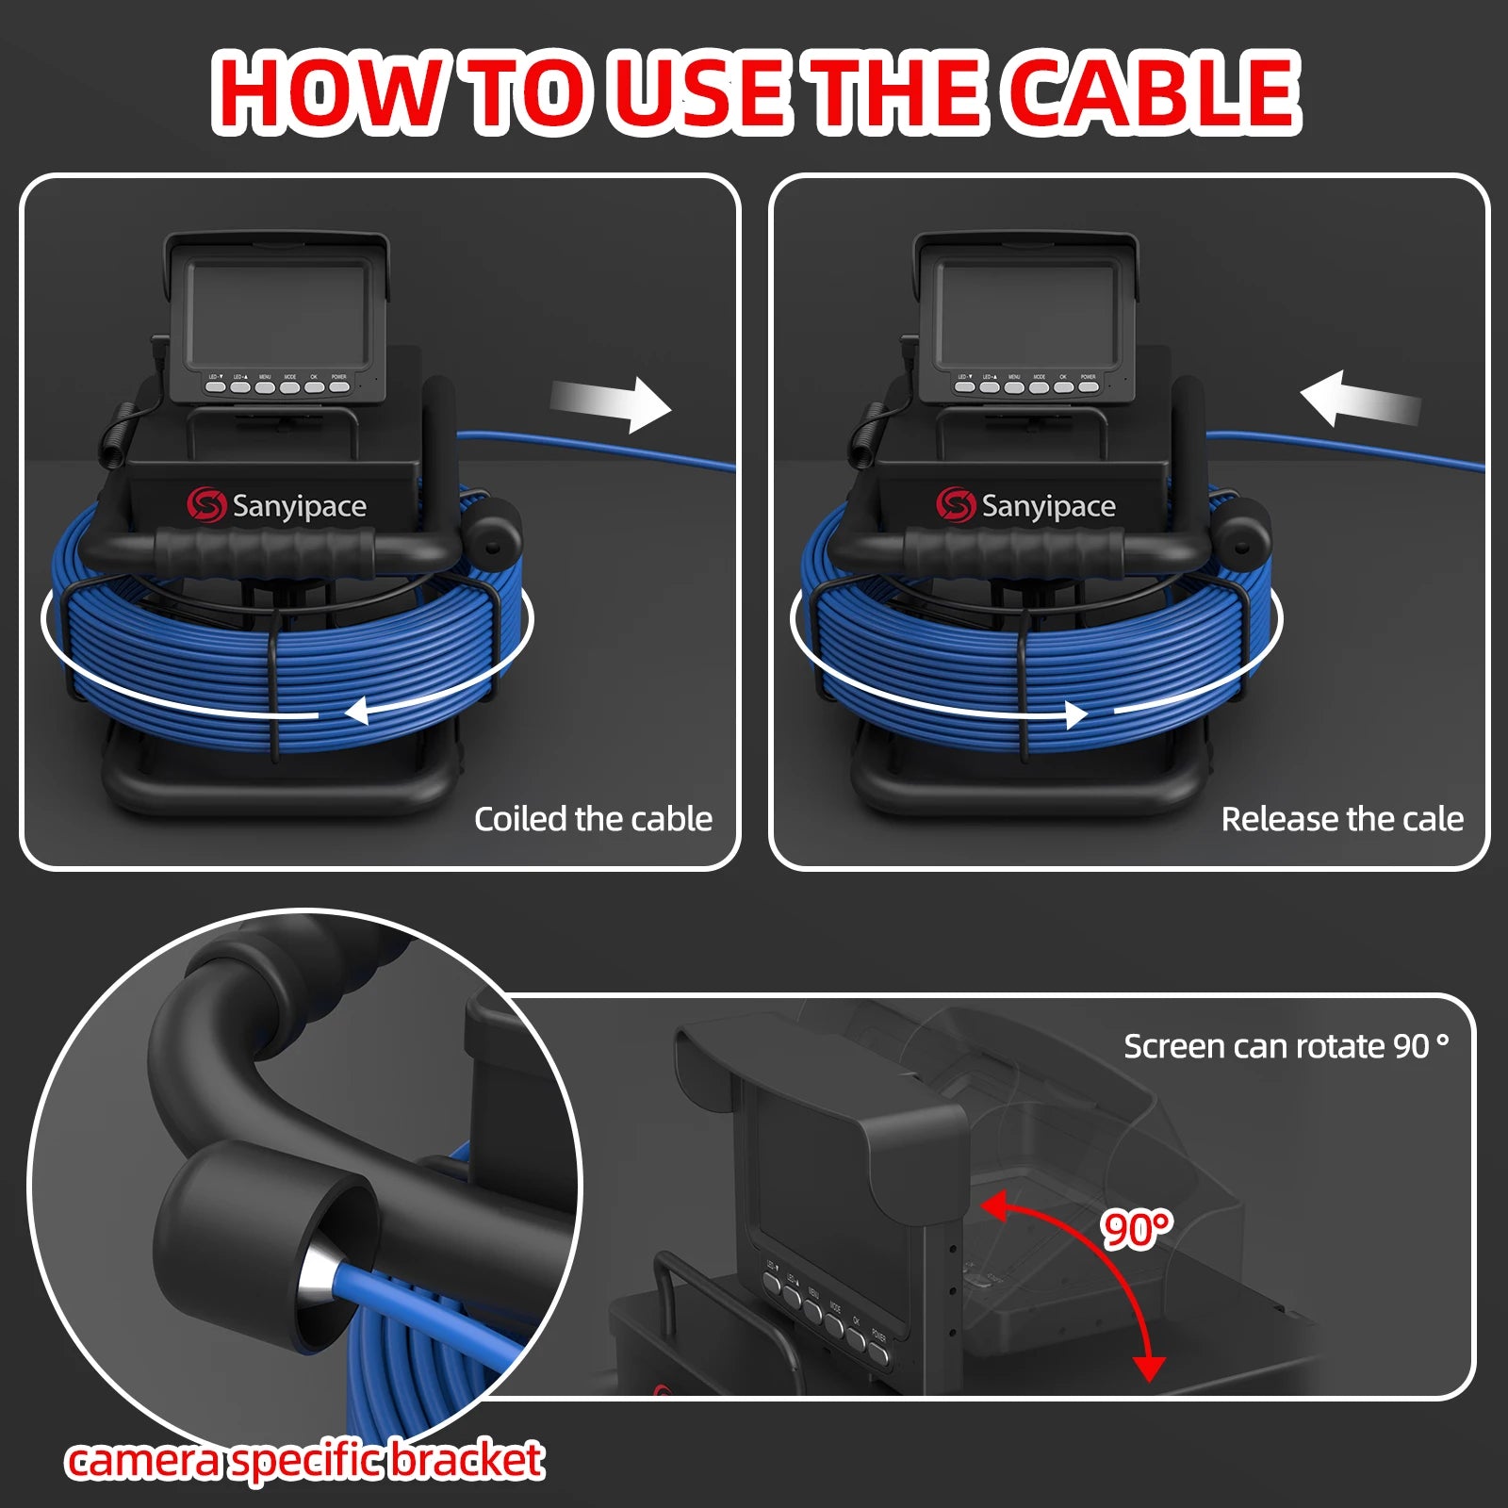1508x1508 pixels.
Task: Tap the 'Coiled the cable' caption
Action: (x=593, y=819)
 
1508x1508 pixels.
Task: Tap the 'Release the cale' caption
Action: (x=1341, y=819)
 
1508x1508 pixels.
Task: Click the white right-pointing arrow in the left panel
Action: (x=613, y=403)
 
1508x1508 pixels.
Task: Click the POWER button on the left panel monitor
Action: (x=339, y=386)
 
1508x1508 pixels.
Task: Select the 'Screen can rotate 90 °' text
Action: (x=1286, y=1046)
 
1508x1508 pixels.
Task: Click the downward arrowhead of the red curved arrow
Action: (x=1149, y=1368)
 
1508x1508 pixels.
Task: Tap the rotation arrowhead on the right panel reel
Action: (x=1075, y=714)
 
